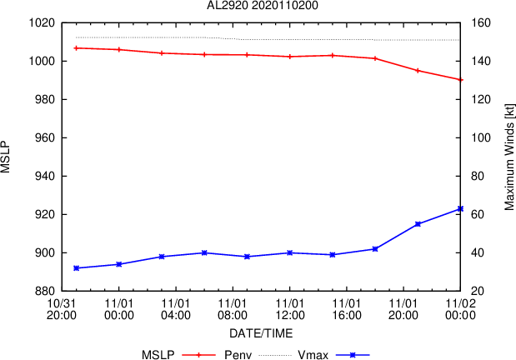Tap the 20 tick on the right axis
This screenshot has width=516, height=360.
coord(478,292)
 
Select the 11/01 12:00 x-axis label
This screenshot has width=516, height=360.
coord(289,310)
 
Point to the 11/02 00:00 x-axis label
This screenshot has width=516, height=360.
coord(459,310)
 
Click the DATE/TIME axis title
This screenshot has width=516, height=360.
coord(261,333)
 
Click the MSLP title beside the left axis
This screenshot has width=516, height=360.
coord(8,157)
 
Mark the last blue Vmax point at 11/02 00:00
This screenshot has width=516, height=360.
coord(460,209)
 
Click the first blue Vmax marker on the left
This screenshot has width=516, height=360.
coord(77,268)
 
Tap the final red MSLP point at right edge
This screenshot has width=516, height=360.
coord(460,80)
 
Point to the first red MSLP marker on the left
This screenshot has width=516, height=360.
coord(77,48)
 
